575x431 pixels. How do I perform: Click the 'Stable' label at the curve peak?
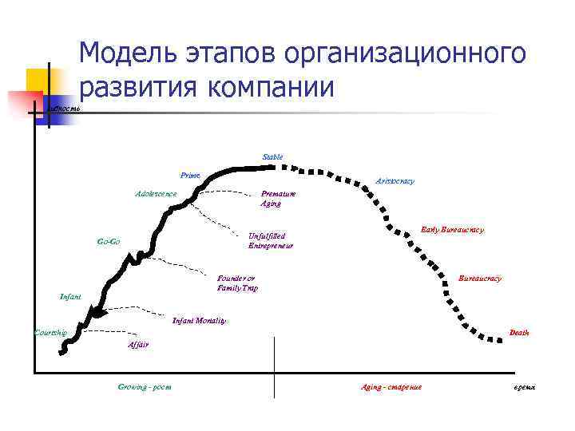(272, 156)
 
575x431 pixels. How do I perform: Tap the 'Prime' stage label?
(190, 175)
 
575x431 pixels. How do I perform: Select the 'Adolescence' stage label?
(156, 194)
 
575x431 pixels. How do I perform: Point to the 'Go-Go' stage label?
(109, 241)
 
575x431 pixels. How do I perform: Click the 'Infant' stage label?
(71, 297)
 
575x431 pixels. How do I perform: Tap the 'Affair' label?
(137, 345)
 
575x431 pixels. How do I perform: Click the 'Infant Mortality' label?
(200, 321)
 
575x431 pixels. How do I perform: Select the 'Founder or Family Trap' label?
(237, 283)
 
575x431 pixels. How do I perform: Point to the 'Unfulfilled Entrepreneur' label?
(271, 240)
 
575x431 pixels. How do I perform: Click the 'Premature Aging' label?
(277, 199)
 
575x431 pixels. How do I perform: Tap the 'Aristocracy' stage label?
(395, 181)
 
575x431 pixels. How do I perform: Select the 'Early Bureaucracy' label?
(452, 230)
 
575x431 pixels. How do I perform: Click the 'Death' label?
(519, 332)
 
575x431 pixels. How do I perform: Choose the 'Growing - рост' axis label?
(145, 387)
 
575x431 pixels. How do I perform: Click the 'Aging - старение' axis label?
(391, 387)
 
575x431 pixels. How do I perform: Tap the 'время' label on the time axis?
(525, 387)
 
